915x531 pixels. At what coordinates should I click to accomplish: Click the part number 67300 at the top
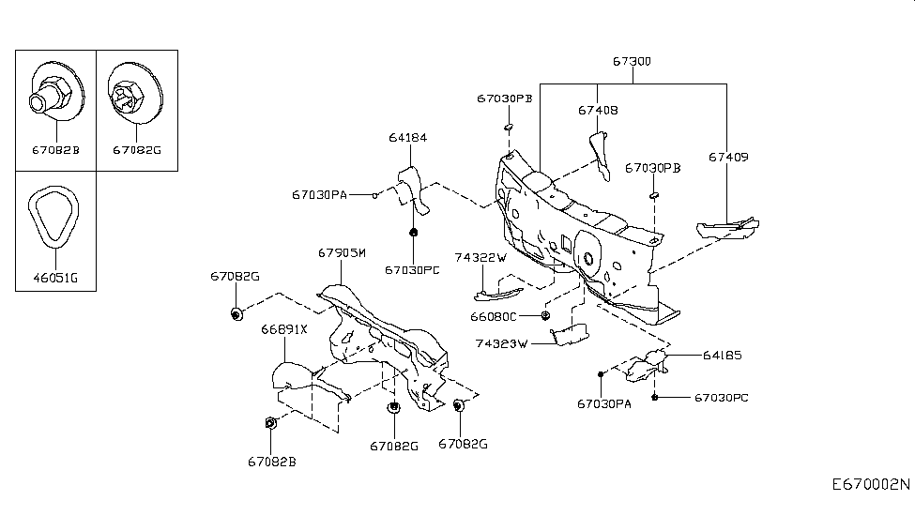pyautogui.click(x=632, y=62)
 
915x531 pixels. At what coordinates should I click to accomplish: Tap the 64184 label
pyautogui.click(x=408, y=137)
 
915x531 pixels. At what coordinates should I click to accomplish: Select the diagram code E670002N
pyautogui.click(x=870, y=486)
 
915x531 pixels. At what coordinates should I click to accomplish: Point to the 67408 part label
pyautogui.click(x=598, y=110)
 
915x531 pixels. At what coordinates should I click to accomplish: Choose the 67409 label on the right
pyautogui.click(x=728, y=157)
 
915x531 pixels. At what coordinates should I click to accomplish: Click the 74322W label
pyautogui.click(x=480, y=257)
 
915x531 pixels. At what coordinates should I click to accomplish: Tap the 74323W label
pyautogui.click(x=502, y=344)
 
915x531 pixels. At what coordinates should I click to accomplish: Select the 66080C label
pyautogui.click(x=494, y=316)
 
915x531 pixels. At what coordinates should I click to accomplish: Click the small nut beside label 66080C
pyautogui.click(x=545, y=314)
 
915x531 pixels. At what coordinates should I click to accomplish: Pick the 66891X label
pyautogui.click(x=284, y=330)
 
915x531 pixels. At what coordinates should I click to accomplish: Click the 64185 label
pyautogui.click(x=723, y=356)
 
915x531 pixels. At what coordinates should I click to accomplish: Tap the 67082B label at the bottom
pyautogui.click(x=272, y=461)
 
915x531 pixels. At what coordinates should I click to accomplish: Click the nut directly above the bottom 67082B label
pyautogui.click(x=270, y=423)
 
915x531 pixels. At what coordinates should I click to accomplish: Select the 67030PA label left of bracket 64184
pyautogui.click(x=319, y=195)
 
